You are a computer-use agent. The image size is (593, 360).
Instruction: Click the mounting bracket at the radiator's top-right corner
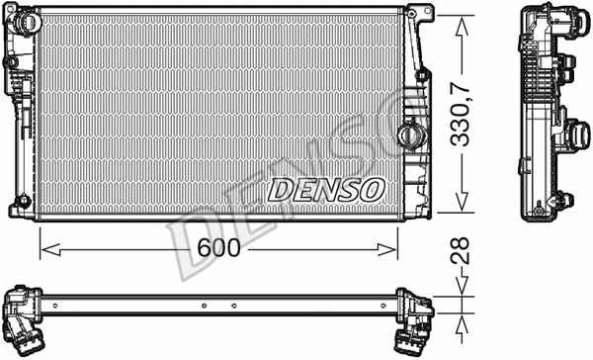pos(422,14)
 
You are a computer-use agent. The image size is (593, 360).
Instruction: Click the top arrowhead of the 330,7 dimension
pos(462,24)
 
